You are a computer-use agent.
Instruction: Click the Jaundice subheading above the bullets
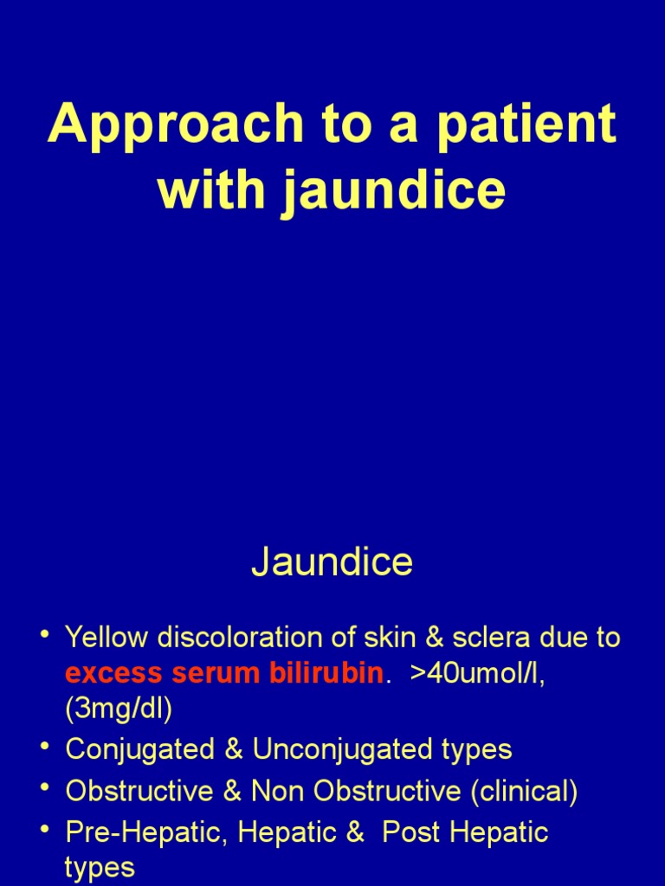332,562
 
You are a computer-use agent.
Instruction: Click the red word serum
203,674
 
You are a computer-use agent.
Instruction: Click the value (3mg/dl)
119,709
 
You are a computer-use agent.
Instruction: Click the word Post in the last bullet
411,832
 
